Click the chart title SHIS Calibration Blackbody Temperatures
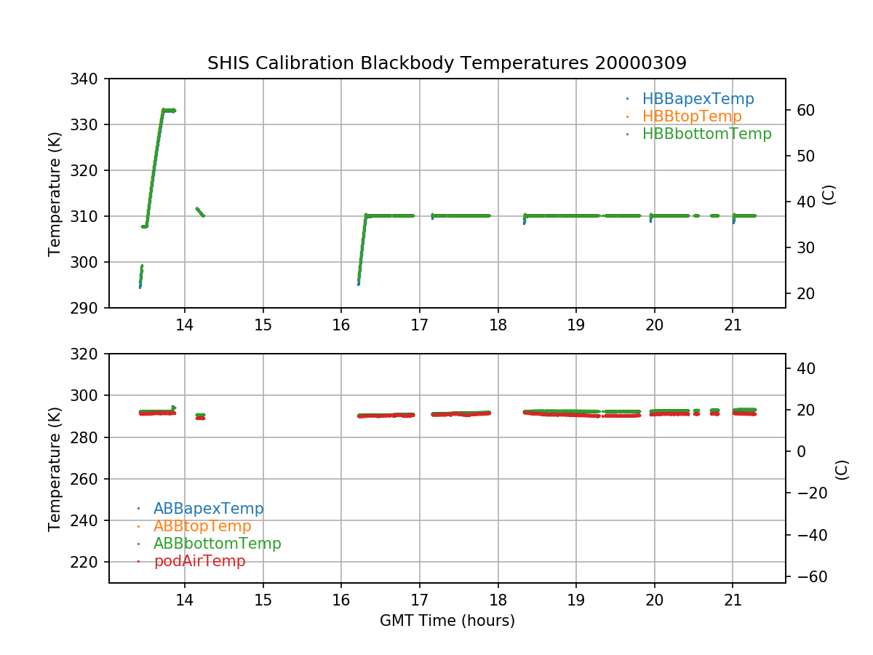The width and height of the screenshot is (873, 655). point(447,63)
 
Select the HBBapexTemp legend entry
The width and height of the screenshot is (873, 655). point(698,99)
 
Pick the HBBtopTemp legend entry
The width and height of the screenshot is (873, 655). point(692,116)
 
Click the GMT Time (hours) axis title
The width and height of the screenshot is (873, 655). point(447,621)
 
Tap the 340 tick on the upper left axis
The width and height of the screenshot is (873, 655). point(89,79)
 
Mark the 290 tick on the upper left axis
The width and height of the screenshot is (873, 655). point(89,308)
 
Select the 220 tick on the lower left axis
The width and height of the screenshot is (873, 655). point(89,562)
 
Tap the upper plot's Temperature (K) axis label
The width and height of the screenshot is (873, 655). point(55,193)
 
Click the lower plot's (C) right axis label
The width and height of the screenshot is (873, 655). point(842,469)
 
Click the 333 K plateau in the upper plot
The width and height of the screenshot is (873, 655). point(169,111)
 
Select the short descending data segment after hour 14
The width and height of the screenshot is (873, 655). point(199,212)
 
